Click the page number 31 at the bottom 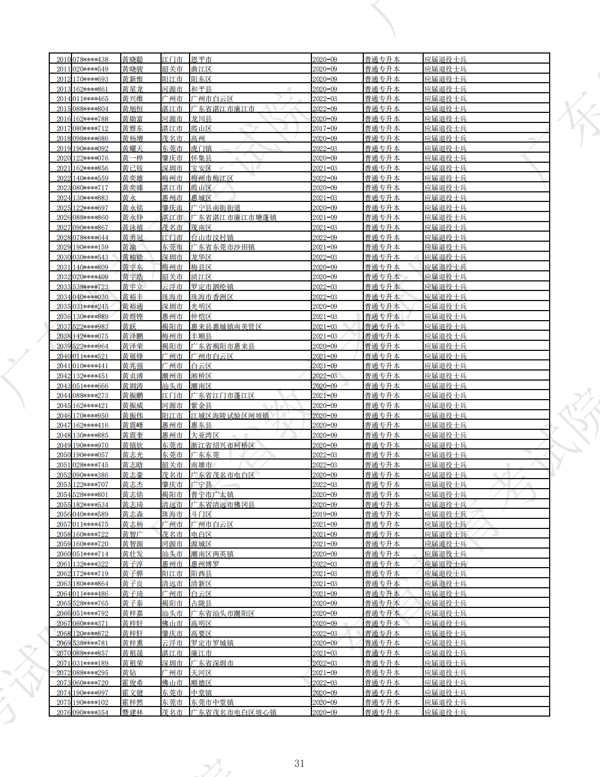pos(299,763)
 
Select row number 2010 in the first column pos(64,59)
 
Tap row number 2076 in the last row pos(64,712)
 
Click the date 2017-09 pos(325,128)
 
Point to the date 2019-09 pos(325,514)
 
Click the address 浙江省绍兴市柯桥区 pos(222,445)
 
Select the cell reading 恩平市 pos(201,59)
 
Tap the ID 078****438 pos(91,59)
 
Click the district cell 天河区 pos(201,673)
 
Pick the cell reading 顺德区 pos(201,683)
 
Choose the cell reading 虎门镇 pos(201,148)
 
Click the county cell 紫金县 pos(201,405)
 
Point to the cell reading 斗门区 pos(201,514)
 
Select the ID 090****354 pos(91,712)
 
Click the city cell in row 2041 pos(172,366)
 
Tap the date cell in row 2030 pos(325,257)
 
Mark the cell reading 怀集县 pos(201,158)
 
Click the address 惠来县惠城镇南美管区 pos(226,326)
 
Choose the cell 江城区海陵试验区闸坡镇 pos(230,416)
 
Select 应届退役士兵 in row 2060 pos(445,554)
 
